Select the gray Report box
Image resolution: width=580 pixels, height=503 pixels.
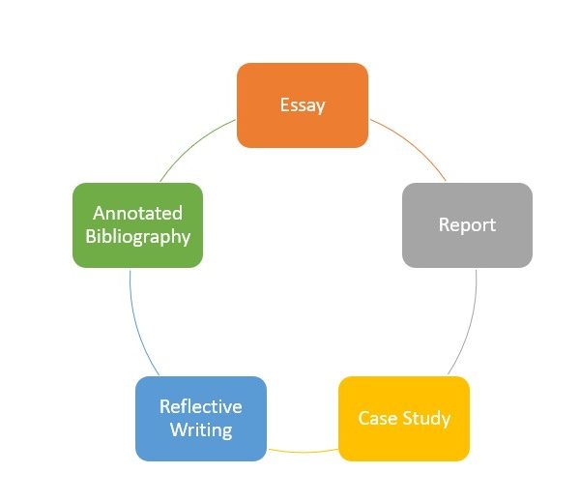467,247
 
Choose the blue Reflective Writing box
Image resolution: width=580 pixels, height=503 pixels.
201,440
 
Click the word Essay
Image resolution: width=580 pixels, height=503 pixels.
303,105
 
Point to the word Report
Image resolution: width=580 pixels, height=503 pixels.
467,225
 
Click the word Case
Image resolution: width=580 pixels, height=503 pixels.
378,419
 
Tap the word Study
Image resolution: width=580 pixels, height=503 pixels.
428,419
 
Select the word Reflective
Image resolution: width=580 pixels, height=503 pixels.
201,406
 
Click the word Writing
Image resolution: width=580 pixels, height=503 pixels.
201,429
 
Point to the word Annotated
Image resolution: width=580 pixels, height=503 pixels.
137,213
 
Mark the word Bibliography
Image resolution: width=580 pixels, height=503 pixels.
137,236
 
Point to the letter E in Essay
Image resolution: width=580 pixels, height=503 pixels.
285,105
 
